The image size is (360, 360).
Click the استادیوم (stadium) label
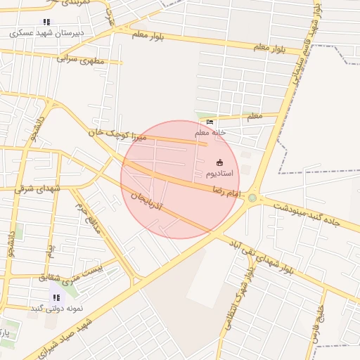[x=221, y=173]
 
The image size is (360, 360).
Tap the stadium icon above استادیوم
[x=220, y=162]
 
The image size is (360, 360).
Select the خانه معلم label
[x=210, y=132]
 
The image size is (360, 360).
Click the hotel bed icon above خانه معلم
[x=210, y=122]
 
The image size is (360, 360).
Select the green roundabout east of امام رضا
[x=252, y=198]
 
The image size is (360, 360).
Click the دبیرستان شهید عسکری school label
[x=46, y=32]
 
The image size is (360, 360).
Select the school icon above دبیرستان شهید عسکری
[x=46, y=22]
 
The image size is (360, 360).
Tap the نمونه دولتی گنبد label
[x=57, y=308]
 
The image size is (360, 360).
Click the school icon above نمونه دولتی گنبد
[x=56, y=297]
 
